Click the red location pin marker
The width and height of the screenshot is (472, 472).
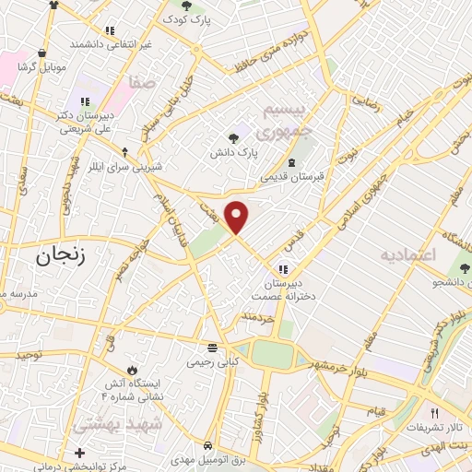point(238,217)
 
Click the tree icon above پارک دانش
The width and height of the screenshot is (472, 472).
point(223,136)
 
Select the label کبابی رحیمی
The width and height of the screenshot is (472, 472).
point(212,362)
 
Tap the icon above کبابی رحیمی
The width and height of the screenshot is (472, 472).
point(212,348)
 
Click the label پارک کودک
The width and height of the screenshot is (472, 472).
point(188,19)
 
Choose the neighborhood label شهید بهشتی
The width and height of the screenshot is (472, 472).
point(129,425)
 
